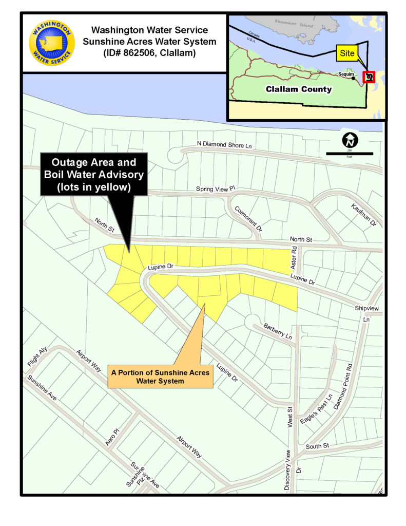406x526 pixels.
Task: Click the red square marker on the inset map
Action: point(369,77)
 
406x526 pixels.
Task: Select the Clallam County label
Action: point(299,89)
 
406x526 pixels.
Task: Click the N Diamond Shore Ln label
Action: point(225,145)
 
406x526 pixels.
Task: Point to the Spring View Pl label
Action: point(216,190)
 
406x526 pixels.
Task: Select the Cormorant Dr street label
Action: point(248,219)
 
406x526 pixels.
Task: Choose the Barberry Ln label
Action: point(278,331)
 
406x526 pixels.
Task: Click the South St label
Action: point(317,446)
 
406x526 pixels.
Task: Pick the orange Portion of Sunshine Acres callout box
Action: point(161,376)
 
